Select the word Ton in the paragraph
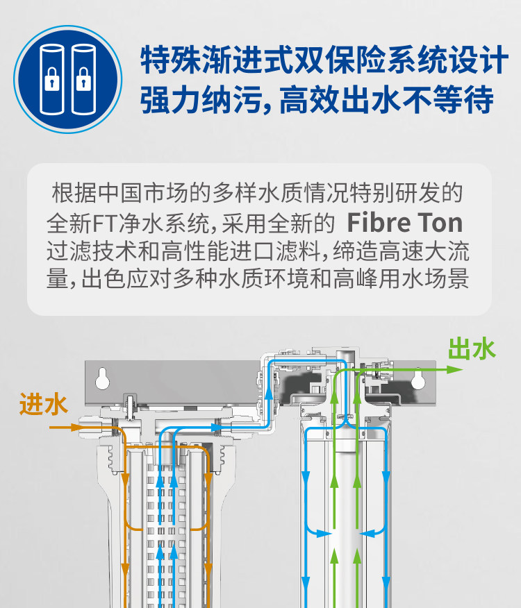pos(439,223)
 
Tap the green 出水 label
pos(472,348)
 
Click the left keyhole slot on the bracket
pos(103,380)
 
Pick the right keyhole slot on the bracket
pos(417,380)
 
